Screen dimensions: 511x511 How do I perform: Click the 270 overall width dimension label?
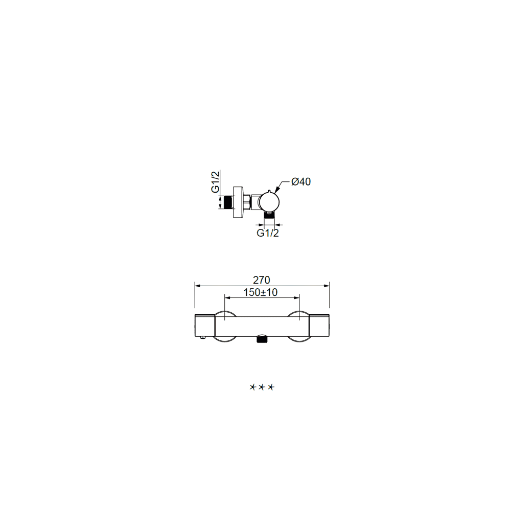pyautogui.click(x=261, y=280)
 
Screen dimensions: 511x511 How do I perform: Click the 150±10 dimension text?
pyautogui.click(x=261, y=292)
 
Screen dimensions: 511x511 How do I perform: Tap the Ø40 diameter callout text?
pyautogui.click(x=301, y=181)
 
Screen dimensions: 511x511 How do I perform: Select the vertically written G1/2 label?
pyautogui.click(x=216, y=182)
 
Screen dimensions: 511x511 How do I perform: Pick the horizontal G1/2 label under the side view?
pyautogui.click(x=268, y=233)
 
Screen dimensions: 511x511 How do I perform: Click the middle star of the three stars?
pyautogui.click(x=262, y=387)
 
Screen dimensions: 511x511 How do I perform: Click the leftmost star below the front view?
pyautogui.click(x=253, y=387)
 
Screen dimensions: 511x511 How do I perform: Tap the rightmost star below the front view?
pyautogui.click(x=271, y=387)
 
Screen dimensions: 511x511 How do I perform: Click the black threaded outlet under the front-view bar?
pyautogui.click(x=262, y=339)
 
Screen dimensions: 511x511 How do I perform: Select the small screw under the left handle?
pyautogui.click(x=203, y=338)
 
